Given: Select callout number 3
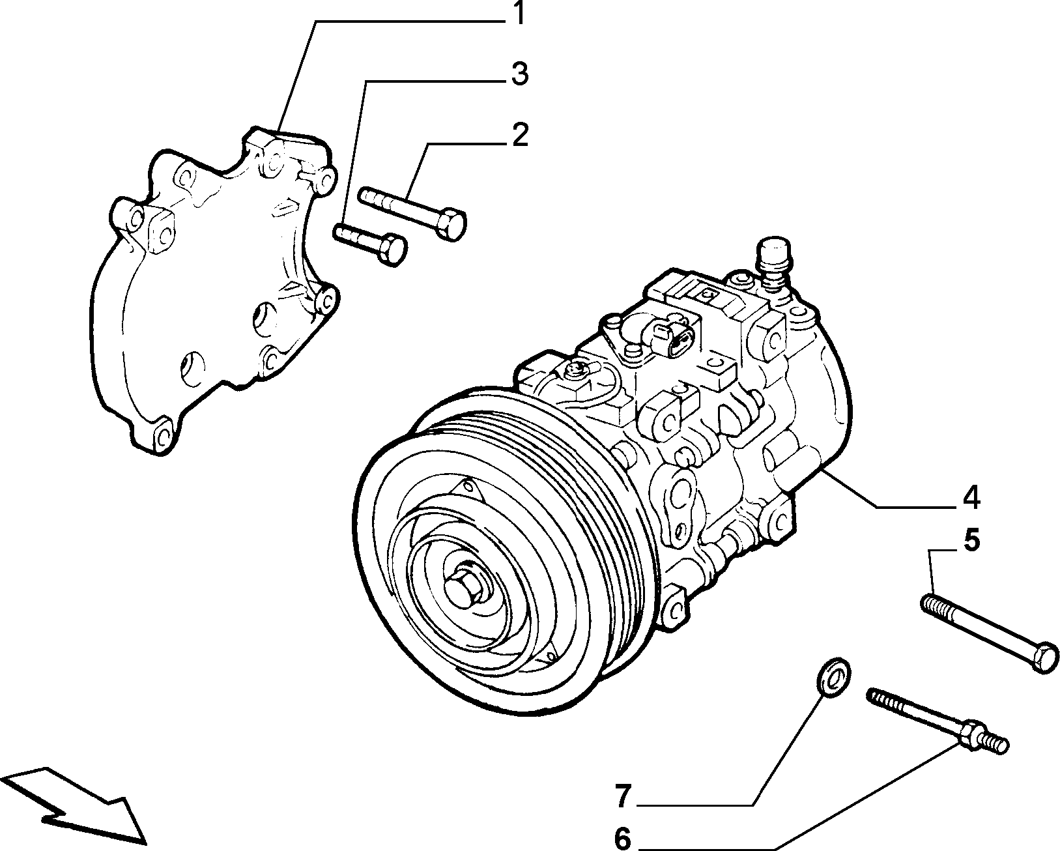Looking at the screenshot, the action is [x=519, y=74].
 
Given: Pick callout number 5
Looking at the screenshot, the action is [x=972, y=541].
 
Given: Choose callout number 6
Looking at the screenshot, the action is [x=623, y=837].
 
